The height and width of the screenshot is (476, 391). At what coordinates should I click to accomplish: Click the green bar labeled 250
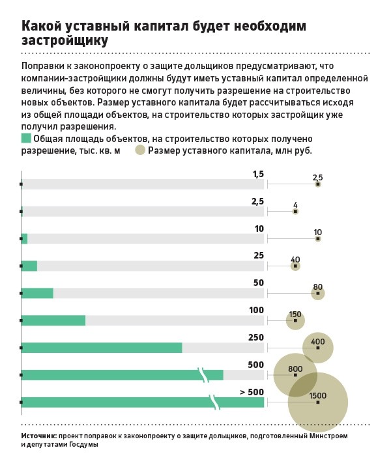(x=102, y=348)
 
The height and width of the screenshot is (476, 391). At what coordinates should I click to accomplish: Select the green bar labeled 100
(x=53, y=320)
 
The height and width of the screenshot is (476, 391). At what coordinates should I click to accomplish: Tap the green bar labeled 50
(x=37, y=293)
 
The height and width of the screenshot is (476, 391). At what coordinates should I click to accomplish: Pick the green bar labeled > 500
(x=142, y=402)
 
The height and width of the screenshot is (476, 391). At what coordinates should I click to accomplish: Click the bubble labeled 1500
(x=318, y=402)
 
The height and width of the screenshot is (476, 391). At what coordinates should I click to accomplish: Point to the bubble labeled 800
(x=295, y=375)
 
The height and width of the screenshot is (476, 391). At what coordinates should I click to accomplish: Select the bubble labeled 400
(x=318, y=348)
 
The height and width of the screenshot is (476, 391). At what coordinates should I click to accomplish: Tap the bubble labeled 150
(x=295, y=320)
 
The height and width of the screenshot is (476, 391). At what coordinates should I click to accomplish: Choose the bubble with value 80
(x=318, y=293)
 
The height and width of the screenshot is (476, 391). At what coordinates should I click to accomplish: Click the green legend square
(x=26, y=138)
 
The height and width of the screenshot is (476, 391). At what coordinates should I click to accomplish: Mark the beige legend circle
(x=140, y=150)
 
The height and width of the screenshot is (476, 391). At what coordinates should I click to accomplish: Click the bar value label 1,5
(x=258, y=174)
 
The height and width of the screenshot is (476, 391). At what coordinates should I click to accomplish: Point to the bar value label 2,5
(x=257, y=201)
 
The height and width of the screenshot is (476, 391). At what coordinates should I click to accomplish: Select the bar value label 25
(x=259, y=256)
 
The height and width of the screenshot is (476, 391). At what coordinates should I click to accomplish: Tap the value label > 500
(x=252, y=392)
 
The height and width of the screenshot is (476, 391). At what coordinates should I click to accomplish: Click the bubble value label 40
(x=295, y=259)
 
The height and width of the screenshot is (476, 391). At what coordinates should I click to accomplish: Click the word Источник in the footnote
(x=38, y=435)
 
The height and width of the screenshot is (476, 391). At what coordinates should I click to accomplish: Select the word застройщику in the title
(x=65, y=40)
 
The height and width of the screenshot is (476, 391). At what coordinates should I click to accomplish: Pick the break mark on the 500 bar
(x=203, y=374)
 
